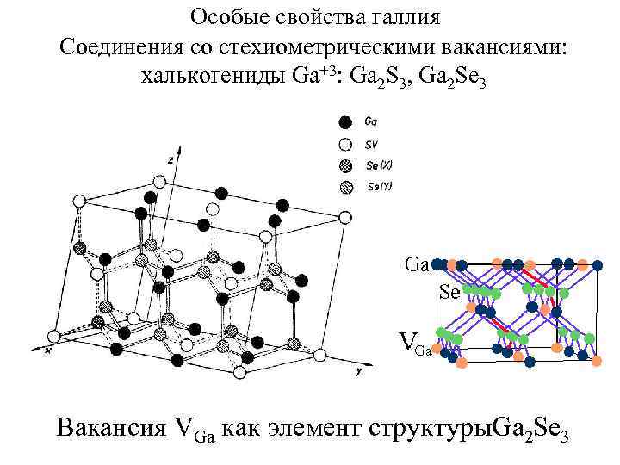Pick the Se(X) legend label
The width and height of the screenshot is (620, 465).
click(x=379, y=165)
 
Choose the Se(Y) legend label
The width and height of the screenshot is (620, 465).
click(x=379, y=186)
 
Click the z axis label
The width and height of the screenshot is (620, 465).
click(x=171, y=159)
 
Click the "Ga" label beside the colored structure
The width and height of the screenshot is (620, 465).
click(x=417, y=264)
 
